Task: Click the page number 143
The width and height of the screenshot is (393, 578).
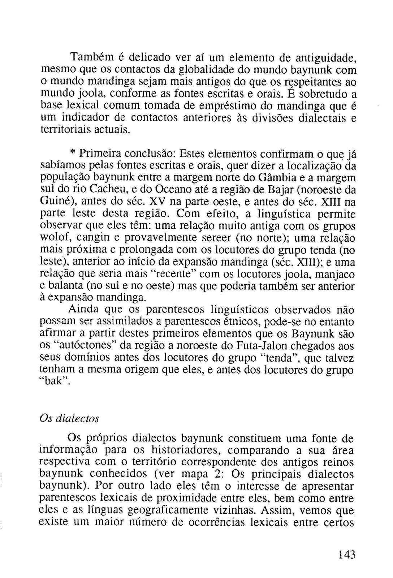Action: [x=347, y=554]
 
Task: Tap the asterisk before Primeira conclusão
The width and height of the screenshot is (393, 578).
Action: [x=73, y=153]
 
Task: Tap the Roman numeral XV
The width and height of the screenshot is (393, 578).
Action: [x=157, y=202]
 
